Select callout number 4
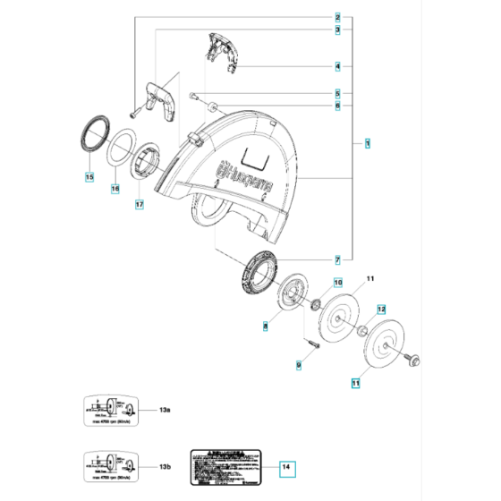337,65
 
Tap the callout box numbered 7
337,259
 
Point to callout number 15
90,177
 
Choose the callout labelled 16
115,190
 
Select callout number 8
266,327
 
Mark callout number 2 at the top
337,17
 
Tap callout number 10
337,283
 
